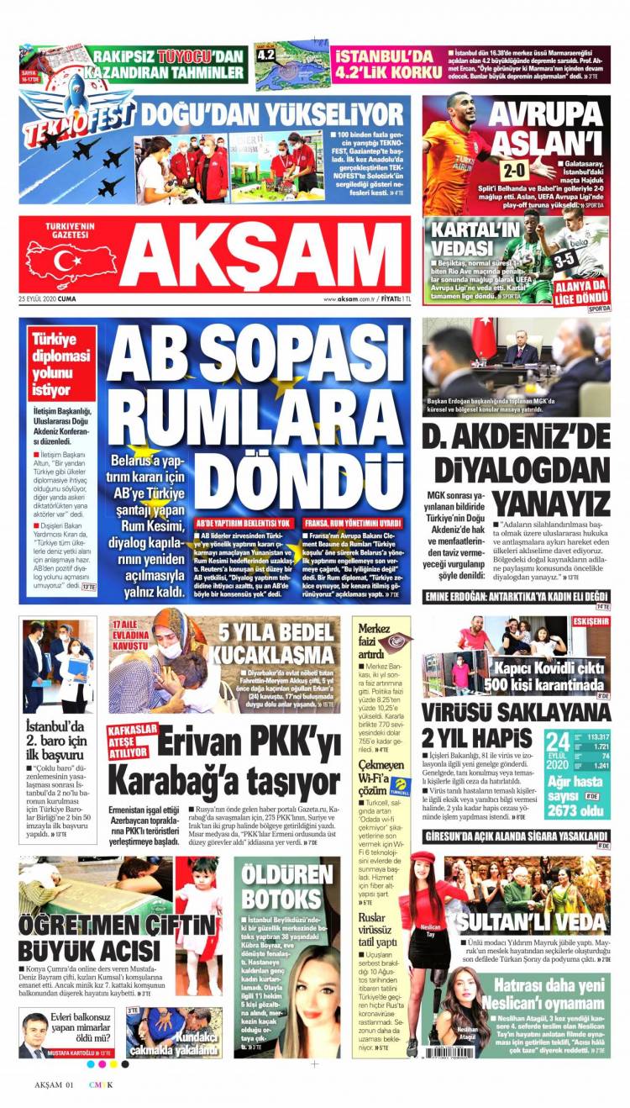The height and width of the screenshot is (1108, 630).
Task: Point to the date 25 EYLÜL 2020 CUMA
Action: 50,299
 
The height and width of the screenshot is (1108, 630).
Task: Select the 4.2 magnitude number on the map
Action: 266,53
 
